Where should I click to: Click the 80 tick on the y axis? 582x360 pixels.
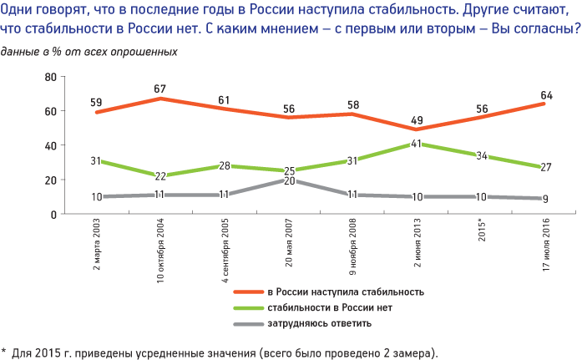click(49, 77)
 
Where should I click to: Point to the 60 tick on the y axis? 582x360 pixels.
click(49, 111)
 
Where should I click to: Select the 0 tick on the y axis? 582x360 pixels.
click(53, 215)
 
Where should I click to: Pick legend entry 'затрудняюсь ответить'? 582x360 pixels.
click(321, 323)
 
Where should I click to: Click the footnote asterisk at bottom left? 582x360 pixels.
click(4, 351)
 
